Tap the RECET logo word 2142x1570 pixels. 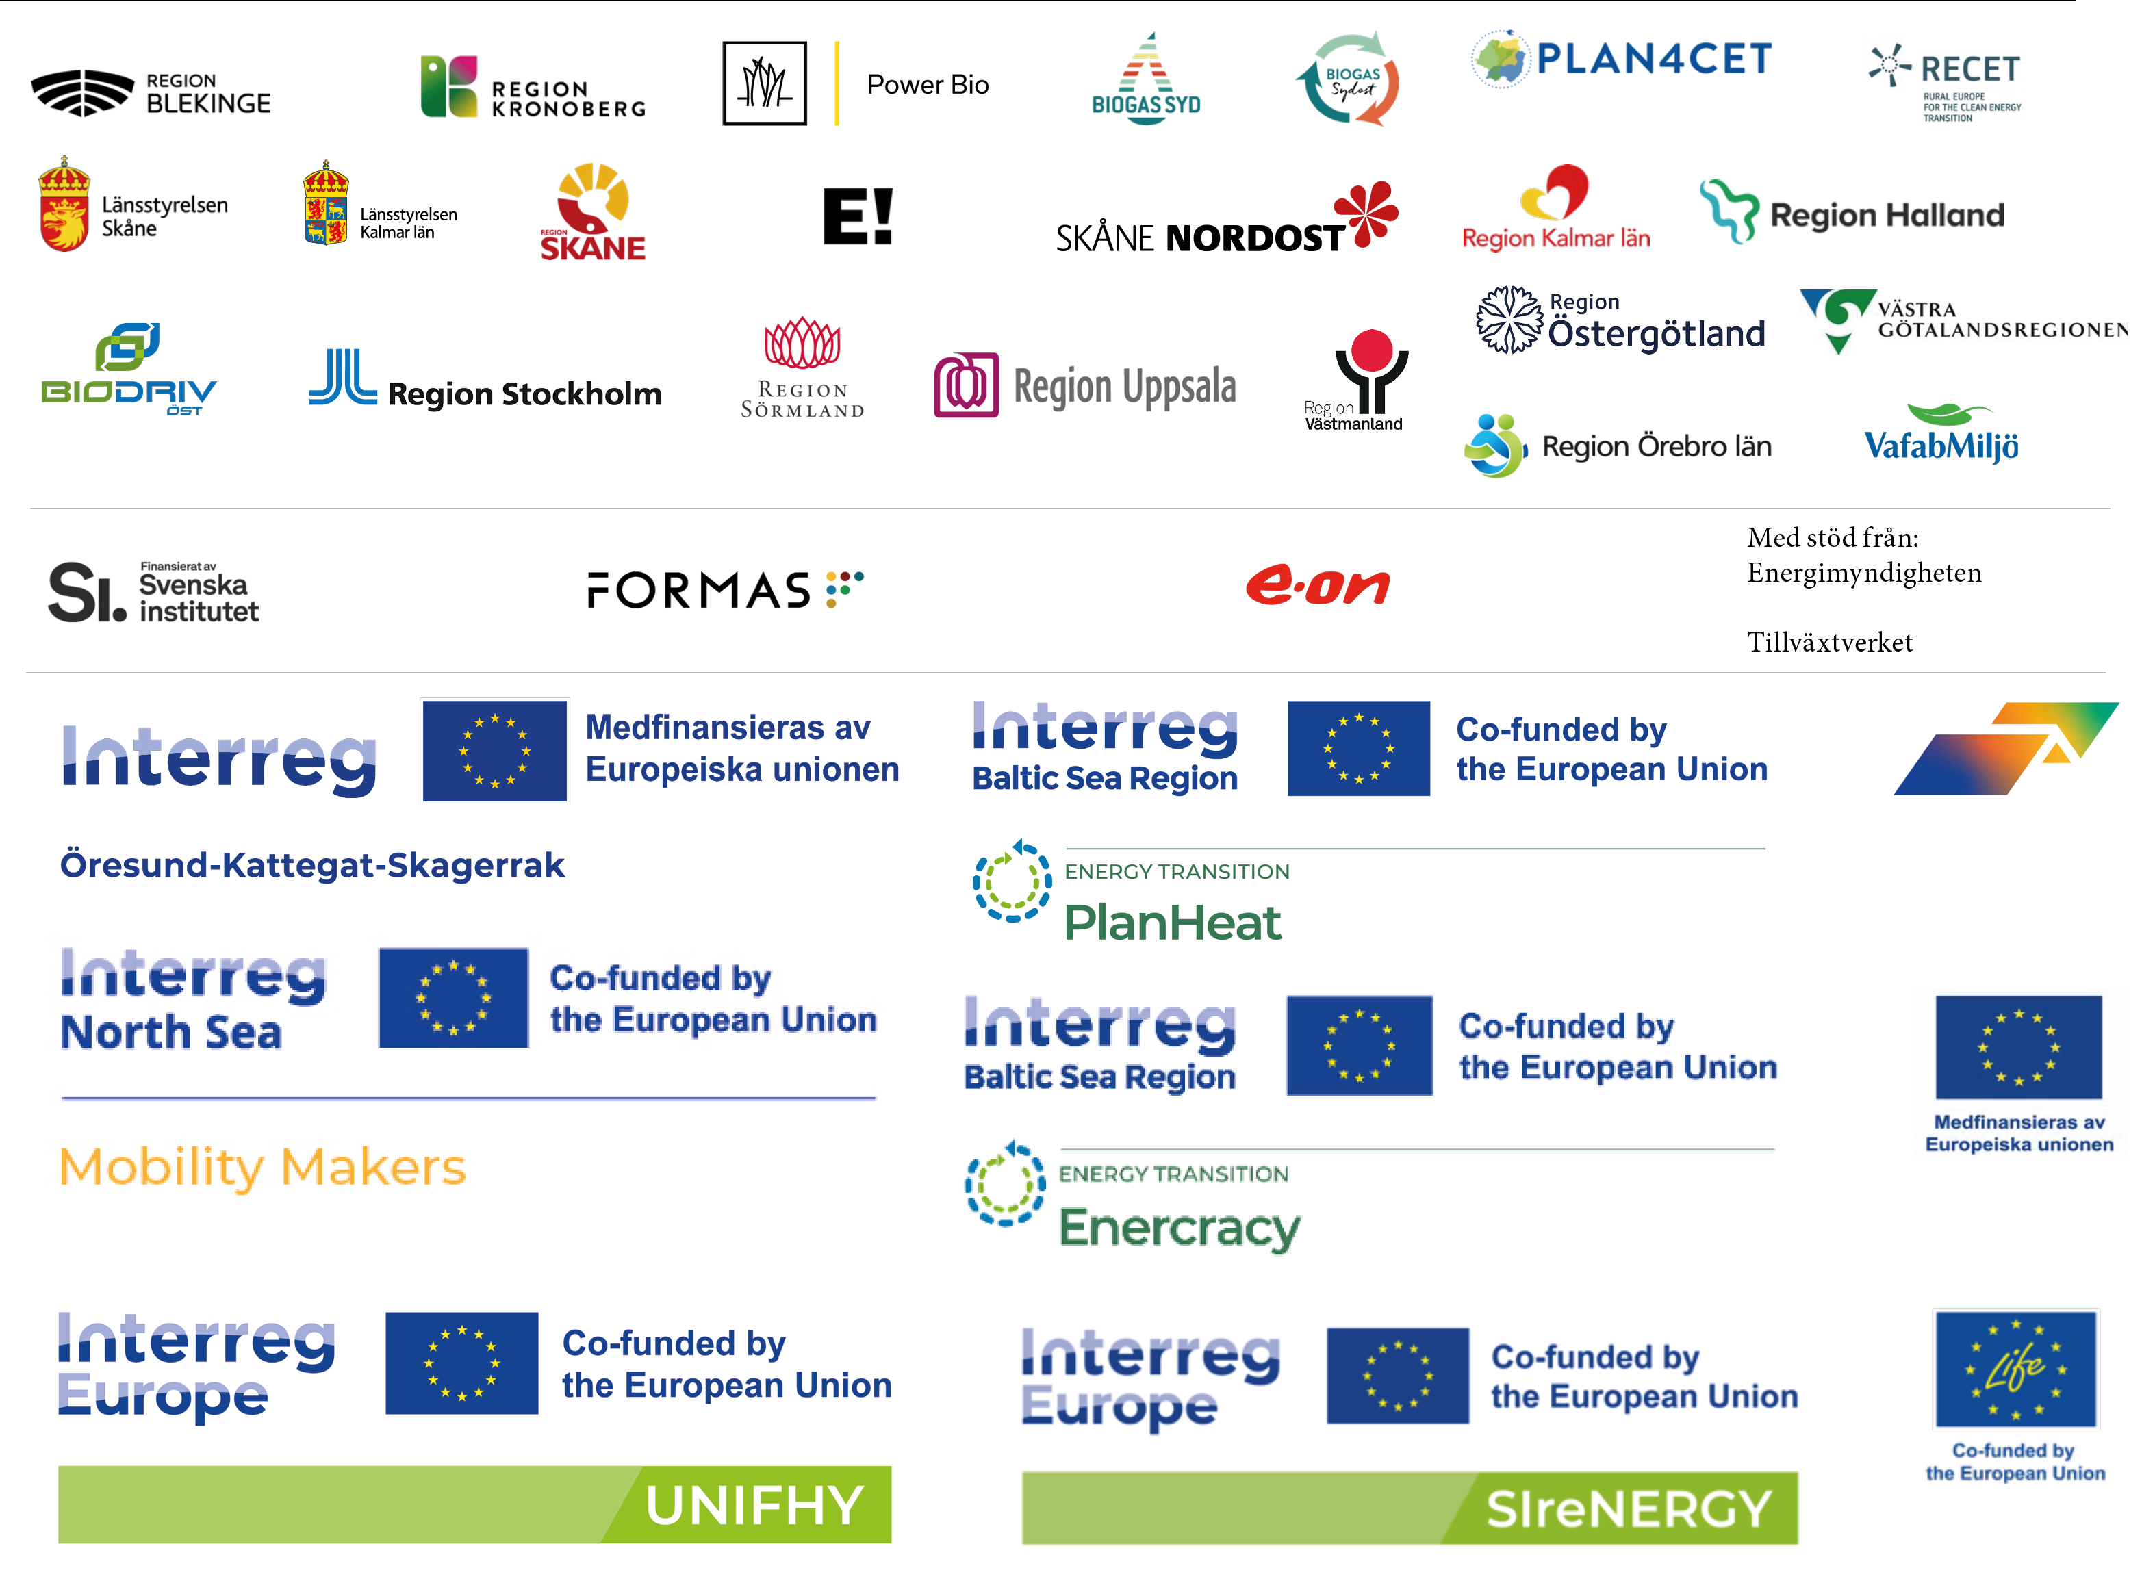[x=1970, y=69]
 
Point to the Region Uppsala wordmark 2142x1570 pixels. [x=1125, y=386]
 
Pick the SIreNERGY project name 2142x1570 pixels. [x=1629, y=1509]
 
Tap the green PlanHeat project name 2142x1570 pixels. [x=1172, y=923]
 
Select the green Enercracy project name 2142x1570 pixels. [x=1179, y=1228]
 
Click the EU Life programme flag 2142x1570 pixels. [x=2015, y=1369]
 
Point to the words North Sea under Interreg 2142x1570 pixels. [x=171, y=1033]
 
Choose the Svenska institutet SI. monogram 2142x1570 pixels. [x=86, y=593]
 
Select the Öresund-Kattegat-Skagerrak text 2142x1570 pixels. [x=313, y=866]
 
